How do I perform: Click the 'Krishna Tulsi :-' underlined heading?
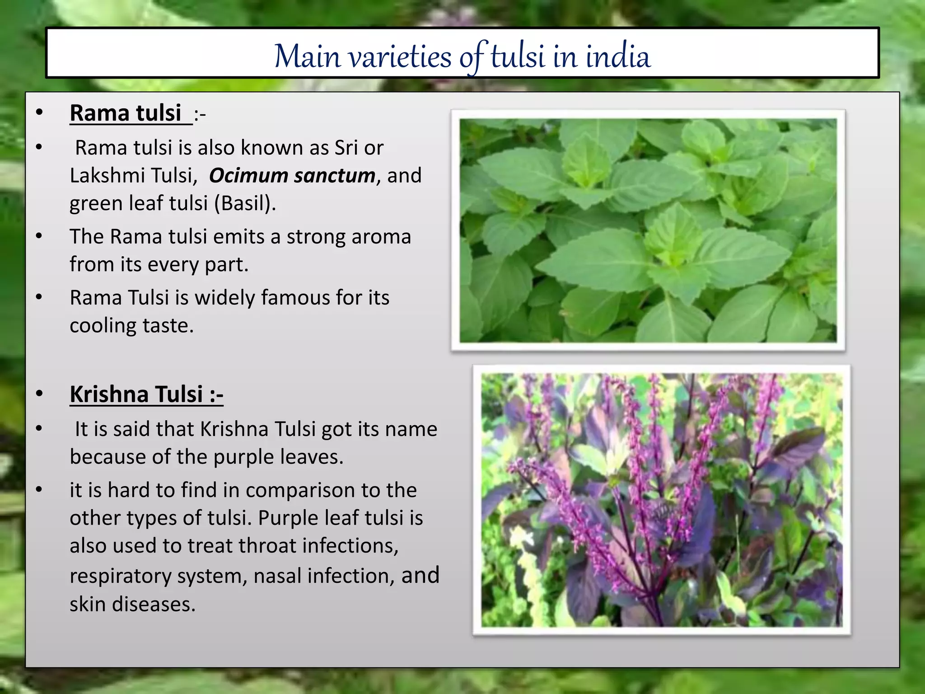146,394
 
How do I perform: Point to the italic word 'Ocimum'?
248,175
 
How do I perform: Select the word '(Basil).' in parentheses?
244,203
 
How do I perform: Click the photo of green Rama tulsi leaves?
648,230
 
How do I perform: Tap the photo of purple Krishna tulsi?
661,500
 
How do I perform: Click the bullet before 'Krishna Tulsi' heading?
39,394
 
